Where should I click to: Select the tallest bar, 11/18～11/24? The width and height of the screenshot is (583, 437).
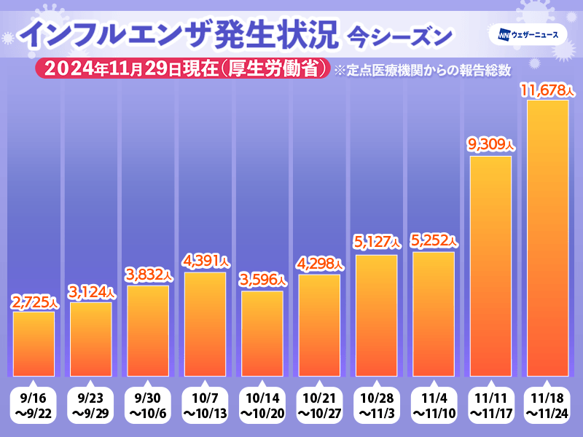[547, 237]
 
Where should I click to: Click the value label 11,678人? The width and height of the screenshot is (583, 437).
[547, 91]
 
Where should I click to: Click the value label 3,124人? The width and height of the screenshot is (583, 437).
[90, 293]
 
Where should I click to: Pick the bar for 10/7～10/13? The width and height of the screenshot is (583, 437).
[205, 324]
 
